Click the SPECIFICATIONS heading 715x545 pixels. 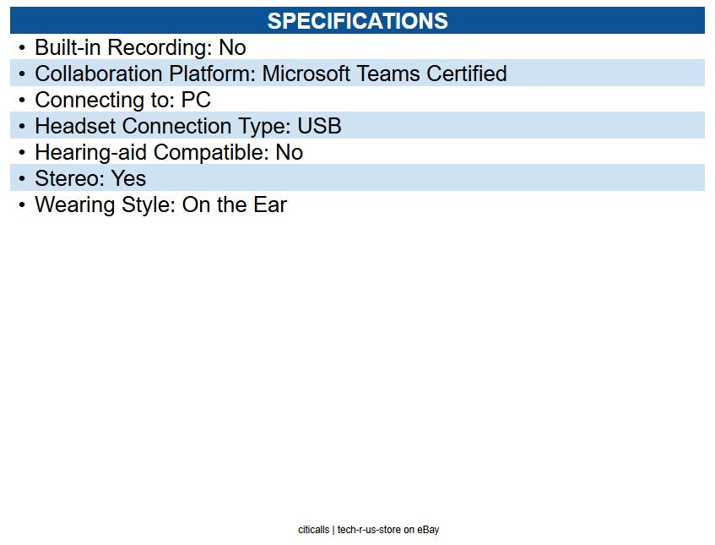point(357,21)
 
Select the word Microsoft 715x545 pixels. point(306,74)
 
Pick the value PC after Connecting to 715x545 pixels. point(196,101)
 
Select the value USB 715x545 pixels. point(319,127)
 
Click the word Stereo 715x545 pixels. point(66,179)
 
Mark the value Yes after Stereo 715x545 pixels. point(128,179)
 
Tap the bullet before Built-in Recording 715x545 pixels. point(22,48)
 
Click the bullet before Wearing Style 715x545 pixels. point(22,205)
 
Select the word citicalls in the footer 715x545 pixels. point(313,530)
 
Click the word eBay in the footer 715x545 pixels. point(428,530)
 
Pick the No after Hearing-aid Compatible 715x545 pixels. point(289,153)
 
